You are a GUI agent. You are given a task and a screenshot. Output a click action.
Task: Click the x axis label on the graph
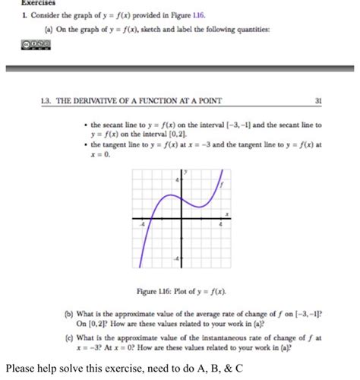pyautogui.click(x=226, y=214)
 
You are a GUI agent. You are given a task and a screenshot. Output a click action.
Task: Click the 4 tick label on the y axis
pyautogui.click(x=177, y=180)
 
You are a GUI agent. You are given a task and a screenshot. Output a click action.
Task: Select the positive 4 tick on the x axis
pyautogui.click(x=219, y=226)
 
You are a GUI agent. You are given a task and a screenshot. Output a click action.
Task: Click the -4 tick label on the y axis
pyautogui.click(x=176, y=259)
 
